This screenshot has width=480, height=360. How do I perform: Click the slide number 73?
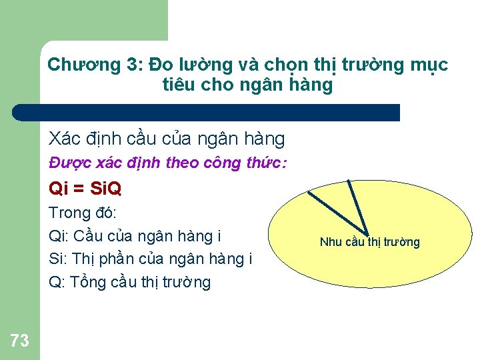[x=20, y=341]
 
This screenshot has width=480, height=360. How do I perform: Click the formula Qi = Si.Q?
[x=85, y=189]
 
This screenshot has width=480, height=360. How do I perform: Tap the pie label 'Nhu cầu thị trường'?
[x=369, y=241]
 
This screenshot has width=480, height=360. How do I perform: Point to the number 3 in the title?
[x=131, y=65]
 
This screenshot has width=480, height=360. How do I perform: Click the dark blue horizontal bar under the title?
[x=207, y=113]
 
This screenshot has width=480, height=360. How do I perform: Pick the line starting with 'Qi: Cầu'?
[x=135, y=236]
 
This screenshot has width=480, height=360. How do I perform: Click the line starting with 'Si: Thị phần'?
[x=151, y=259]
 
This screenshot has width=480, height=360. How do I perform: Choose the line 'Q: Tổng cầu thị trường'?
[x=130, y=282]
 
